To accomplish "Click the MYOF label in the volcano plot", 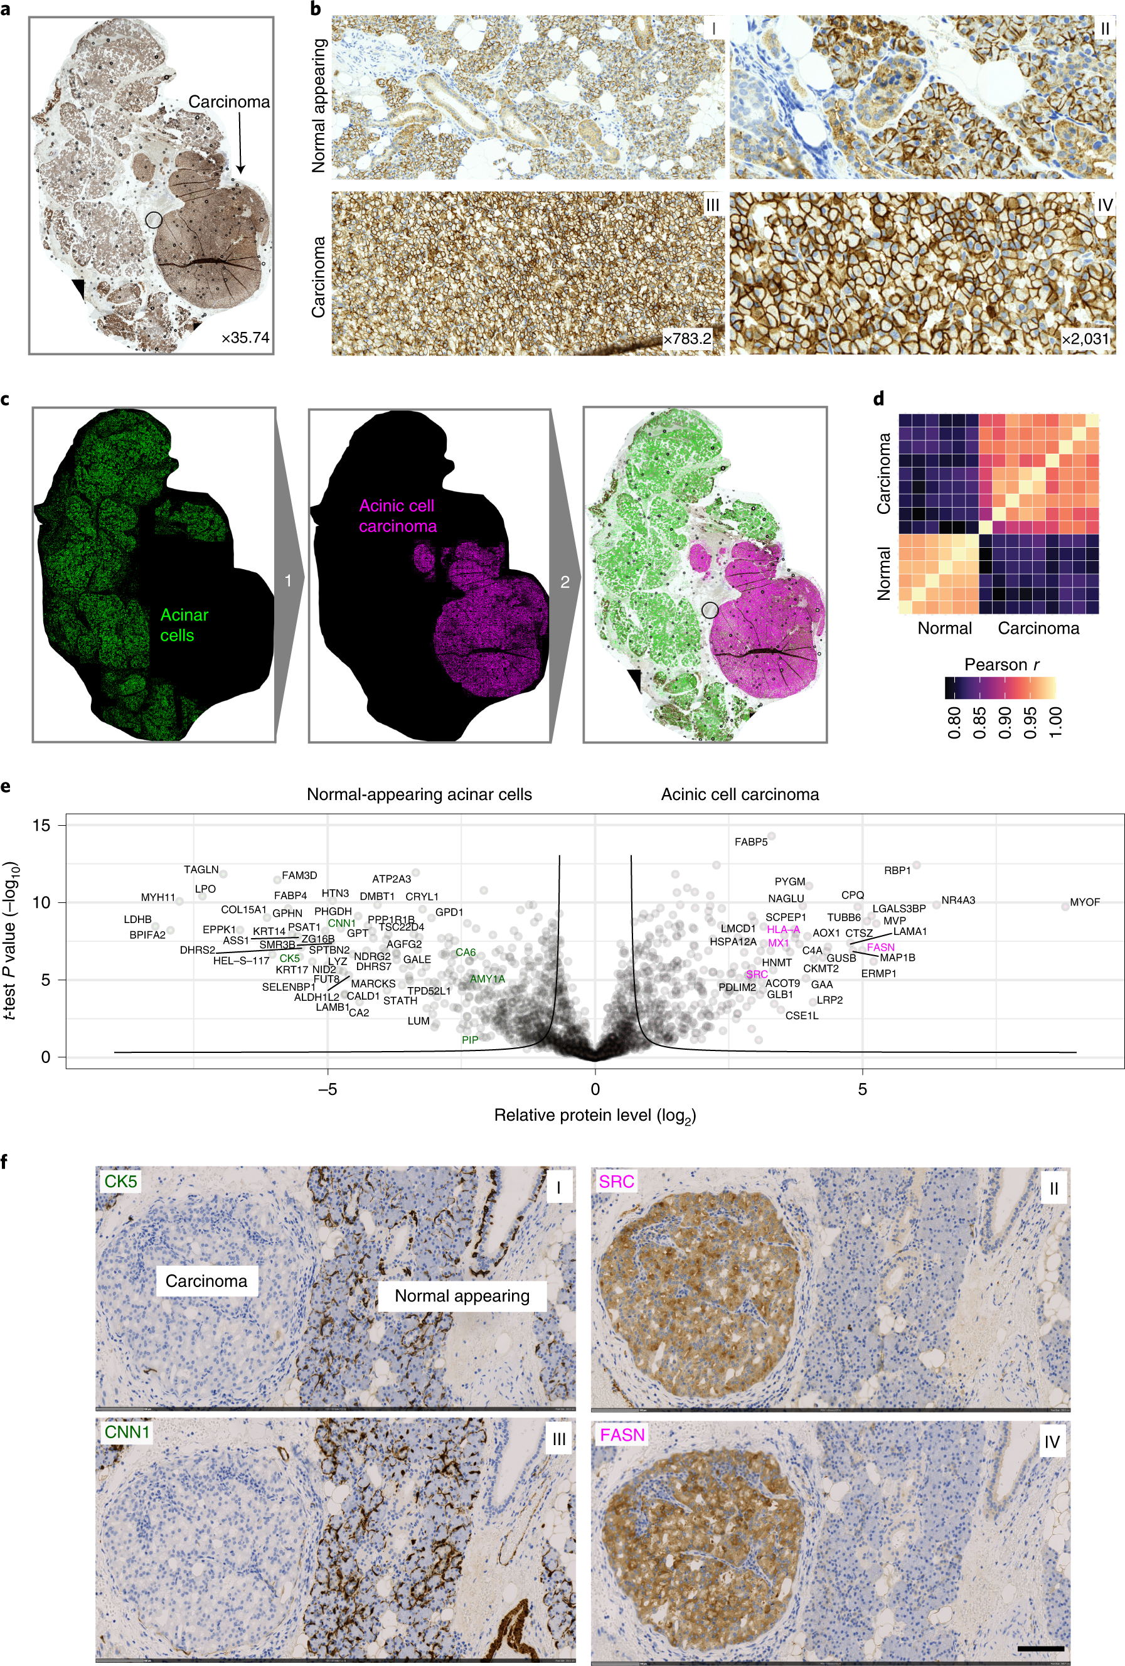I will coord(1084,902).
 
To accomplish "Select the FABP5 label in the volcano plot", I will coord(750,841).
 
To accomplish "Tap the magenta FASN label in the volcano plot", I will coord(880,947).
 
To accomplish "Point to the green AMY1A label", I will coord(487,978).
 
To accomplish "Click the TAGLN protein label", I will coord(201,870).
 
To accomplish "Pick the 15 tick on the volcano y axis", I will coord(41,825).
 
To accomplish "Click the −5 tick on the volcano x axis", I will coord(328,1089).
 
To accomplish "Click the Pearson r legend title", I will coord(1001,665).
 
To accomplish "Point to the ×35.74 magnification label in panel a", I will coord(245,337).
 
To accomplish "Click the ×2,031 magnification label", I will coord(1085,338).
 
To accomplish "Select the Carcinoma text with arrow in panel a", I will coord(229,102).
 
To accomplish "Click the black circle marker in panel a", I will coord(154,220).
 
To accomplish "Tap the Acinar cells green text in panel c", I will coord(184,625).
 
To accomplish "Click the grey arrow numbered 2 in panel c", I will coord(565,582).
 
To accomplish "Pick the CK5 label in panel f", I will coord(120,1181).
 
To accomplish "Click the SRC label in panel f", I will coord(617,1181).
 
